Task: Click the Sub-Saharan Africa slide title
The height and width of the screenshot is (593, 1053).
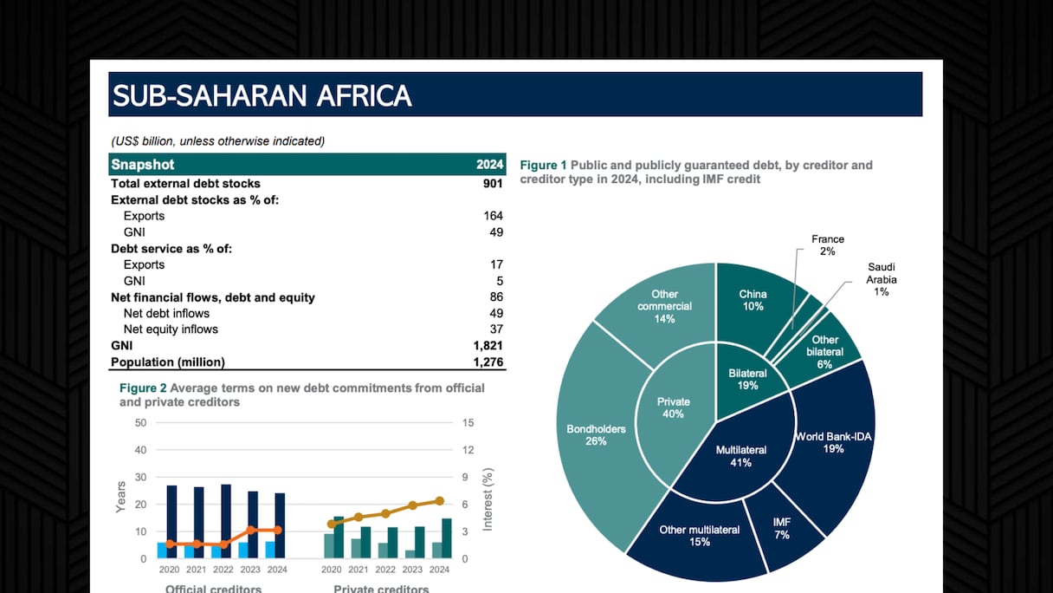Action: [262, 95]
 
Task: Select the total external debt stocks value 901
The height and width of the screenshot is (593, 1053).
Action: [493, 184]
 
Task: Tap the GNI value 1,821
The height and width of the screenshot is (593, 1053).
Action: [488, 346]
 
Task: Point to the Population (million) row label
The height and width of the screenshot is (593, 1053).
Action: [168, 362]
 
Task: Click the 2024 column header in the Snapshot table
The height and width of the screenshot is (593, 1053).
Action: [489, 165]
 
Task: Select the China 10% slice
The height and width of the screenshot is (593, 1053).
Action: [753, 300]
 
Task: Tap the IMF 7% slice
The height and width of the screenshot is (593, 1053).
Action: [782, 529]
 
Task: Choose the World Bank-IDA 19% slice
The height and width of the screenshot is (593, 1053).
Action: [833, 442]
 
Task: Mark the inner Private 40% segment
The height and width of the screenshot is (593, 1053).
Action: [673, 407]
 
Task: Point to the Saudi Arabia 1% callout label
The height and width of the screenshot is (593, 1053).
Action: [882, 279]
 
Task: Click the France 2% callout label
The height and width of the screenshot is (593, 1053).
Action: [828, 244]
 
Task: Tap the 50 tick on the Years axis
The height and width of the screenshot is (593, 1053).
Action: [140, 423]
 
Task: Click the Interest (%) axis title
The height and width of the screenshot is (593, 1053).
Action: [488, 499]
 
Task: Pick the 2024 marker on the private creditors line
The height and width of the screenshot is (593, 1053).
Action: [439, 501]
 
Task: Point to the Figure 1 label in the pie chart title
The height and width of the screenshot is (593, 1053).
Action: [543, 165]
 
